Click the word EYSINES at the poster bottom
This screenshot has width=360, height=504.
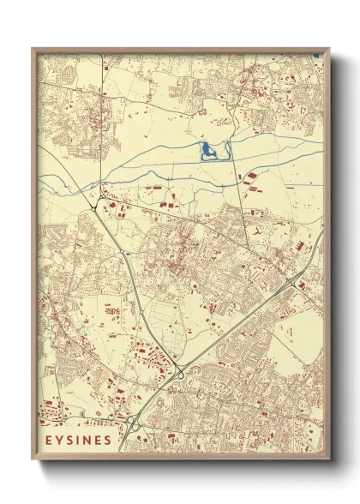tap(79, 441)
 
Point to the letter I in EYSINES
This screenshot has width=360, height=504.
tap(78, 441)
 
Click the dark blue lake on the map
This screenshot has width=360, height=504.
tap(208, 153)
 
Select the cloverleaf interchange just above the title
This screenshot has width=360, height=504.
tap(133, 423)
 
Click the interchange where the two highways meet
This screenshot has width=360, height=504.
tap(180, 370)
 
